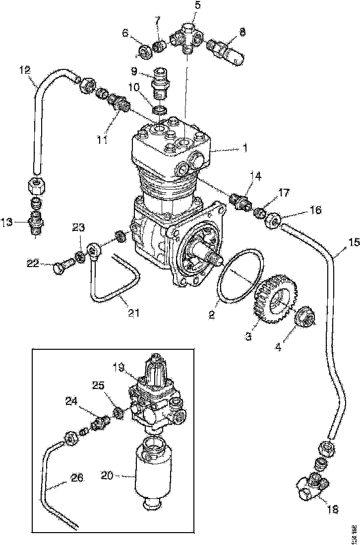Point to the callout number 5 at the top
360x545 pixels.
[x=197, y=6]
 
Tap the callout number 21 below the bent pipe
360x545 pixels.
[x=133, y=313]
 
